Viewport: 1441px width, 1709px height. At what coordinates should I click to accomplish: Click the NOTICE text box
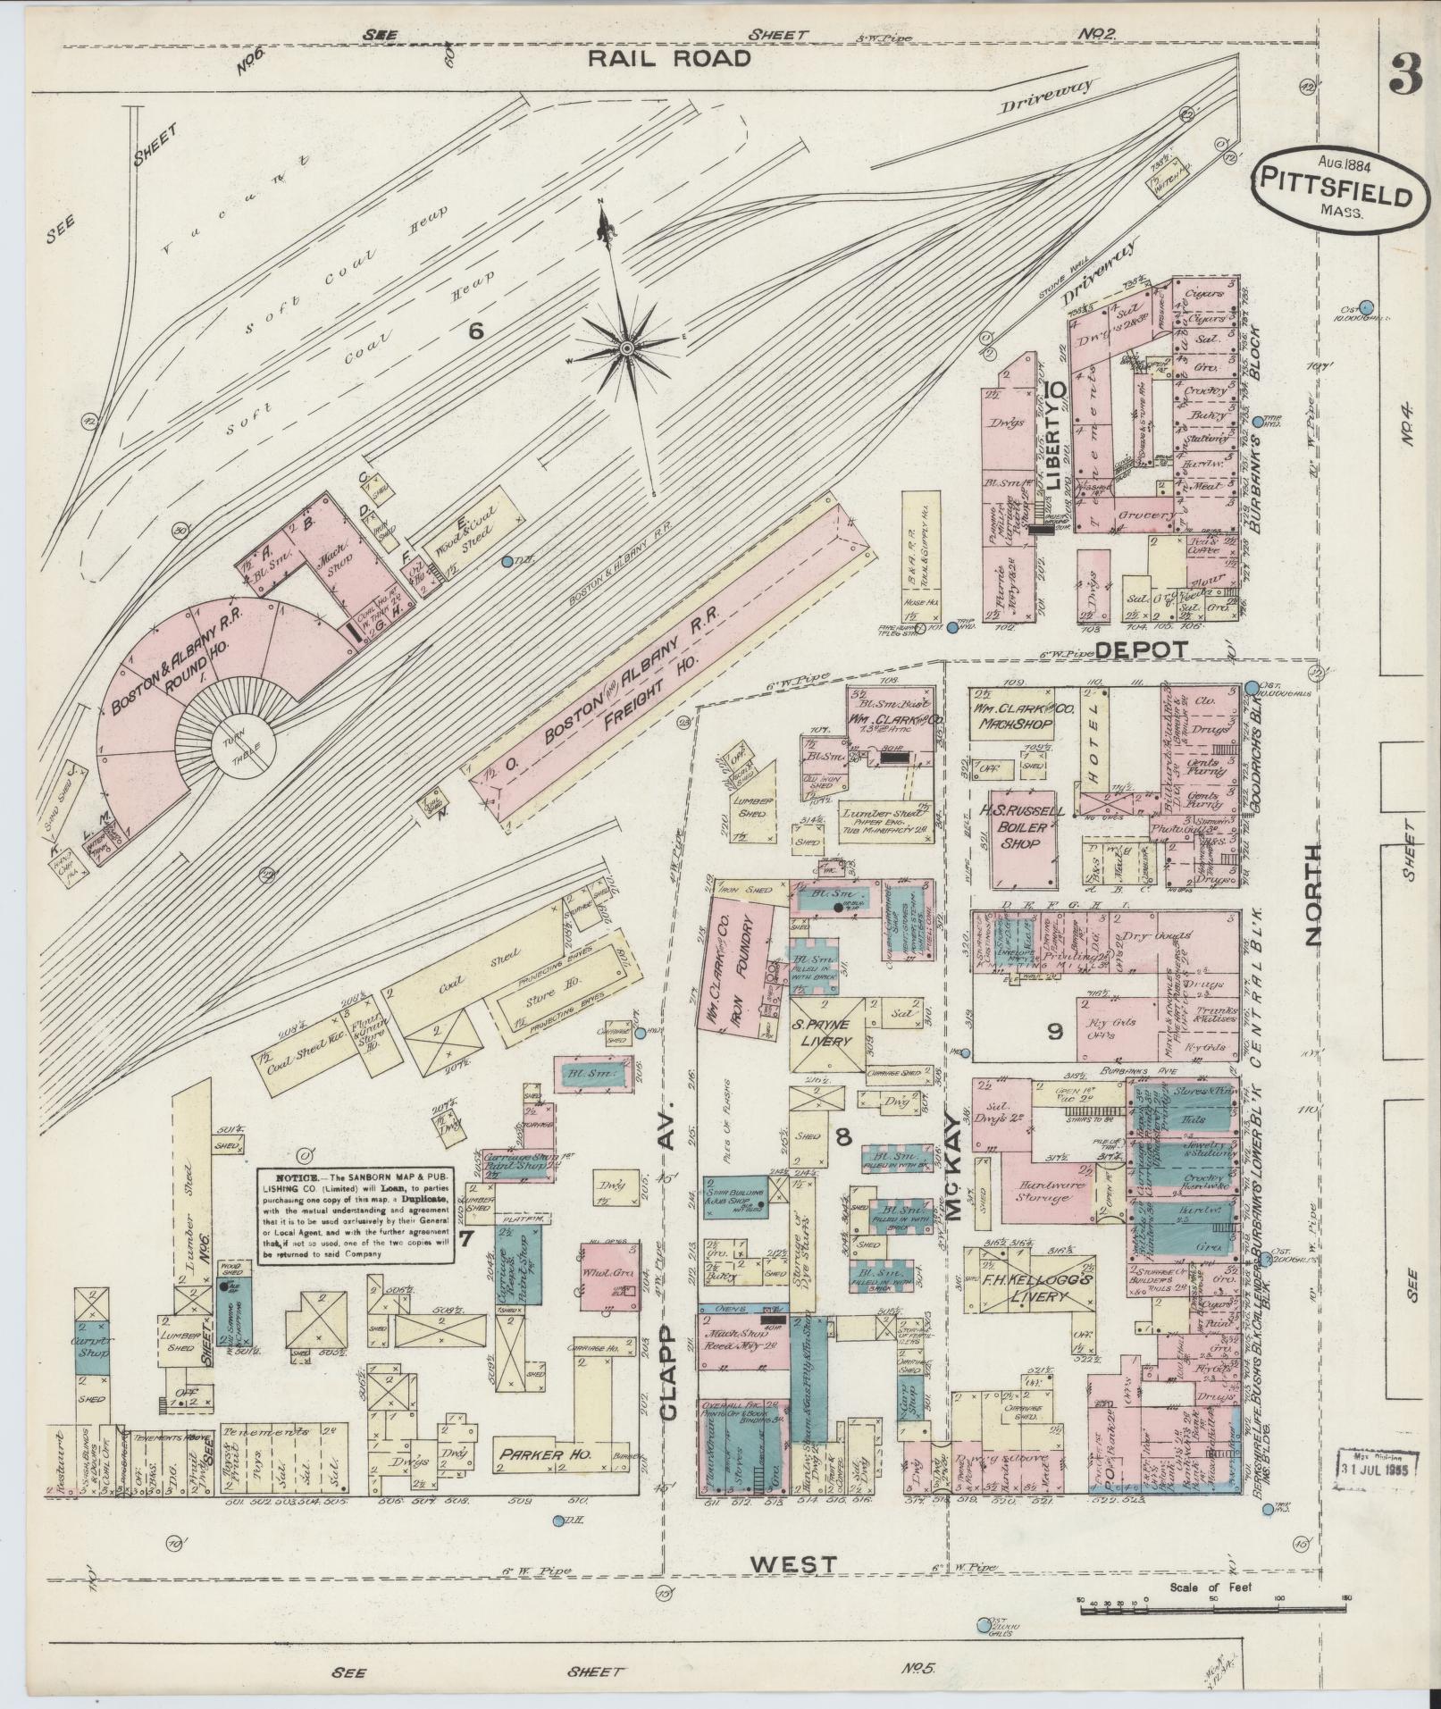(x=356, y=1216)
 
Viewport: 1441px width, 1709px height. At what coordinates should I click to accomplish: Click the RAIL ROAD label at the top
(x=668, y=59)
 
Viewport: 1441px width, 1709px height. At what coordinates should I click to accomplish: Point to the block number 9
(x=1055, y=1032)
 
